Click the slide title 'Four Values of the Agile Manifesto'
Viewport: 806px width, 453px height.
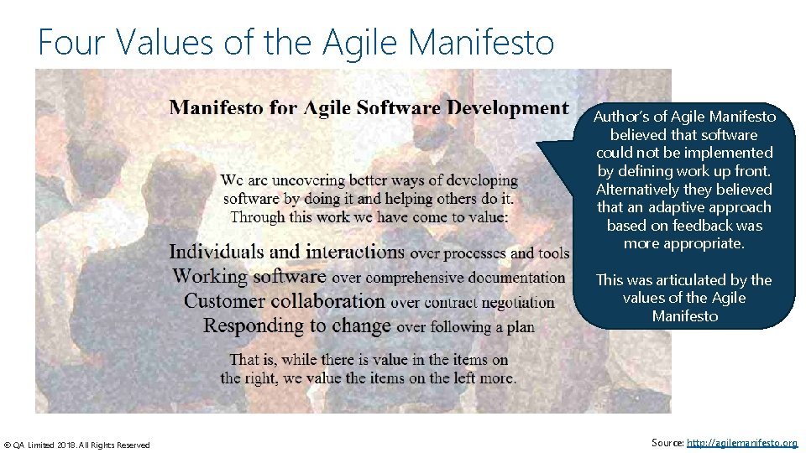pos(296,41)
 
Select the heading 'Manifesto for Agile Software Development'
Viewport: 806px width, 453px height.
pos(369,107)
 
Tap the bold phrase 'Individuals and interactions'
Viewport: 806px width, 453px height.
pos(286,252)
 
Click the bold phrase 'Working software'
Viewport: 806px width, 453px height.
pos(249,276)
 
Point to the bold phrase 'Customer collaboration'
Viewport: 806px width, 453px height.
pos(284,301)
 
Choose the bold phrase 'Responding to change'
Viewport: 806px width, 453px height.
pos(297,325)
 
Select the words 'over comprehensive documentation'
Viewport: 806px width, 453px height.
pos(448,277)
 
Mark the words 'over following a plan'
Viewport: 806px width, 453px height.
pos(465,326)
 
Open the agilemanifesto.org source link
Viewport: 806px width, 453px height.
pos(741,442)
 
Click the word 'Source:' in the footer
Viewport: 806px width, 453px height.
pos(667,442)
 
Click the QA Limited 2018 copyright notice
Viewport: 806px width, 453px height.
pos(77,445)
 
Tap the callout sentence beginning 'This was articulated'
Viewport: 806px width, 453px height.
pos(683,298)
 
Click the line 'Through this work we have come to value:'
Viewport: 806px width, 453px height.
pos(369,217)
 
